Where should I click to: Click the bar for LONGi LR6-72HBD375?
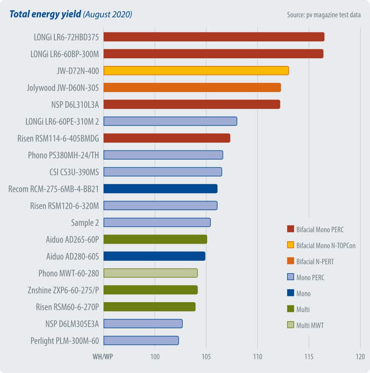[213, 37]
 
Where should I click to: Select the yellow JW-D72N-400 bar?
[196, 70]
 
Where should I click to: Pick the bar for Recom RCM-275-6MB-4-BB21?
[160, 189]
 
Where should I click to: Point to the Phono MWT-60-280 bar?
[150, 273]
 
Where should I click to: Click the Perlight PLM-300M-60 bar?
[141, 340]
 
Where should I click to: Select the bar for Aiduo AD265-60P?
[155, 239]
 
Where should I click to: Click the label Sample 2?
[85, 223]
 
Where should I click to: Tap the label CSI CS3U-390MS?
[74, 172]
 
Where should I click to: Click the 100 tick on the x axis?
[155, 357]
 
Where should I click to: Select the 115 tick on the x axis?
[309, 357]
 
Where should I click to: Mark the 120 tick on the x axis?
[360, 357]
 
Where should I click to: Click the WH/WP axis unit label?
[102, 357]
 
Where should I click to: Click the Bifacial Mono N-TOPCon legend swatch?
[290, 245]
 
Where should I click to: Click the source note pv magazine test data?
[324, 15]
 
